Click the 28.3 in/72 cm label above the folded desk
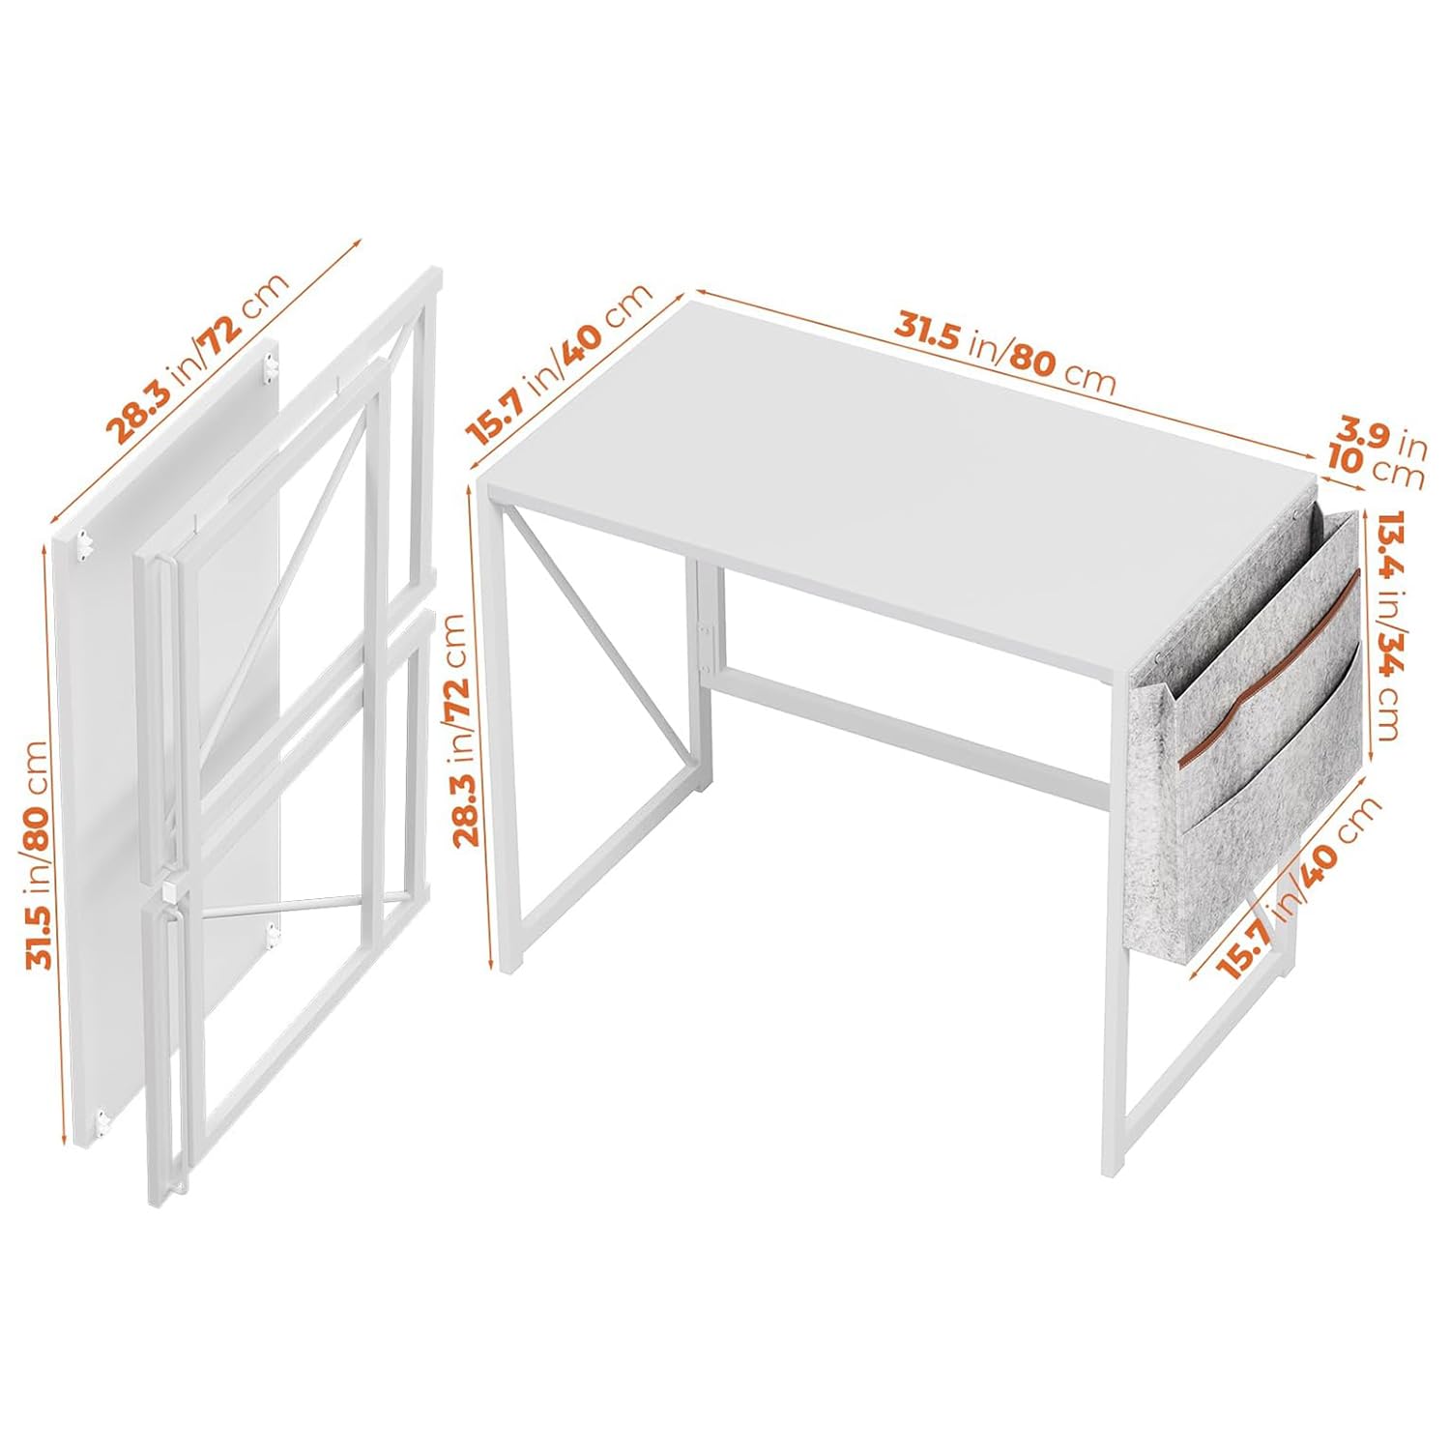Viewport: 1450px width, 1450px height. (197, 360)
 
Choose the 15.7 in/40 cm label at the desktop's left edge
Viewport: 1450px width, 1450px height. (560, 364)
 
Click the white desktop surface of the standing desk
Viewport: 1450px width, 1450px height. (899, 483)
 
